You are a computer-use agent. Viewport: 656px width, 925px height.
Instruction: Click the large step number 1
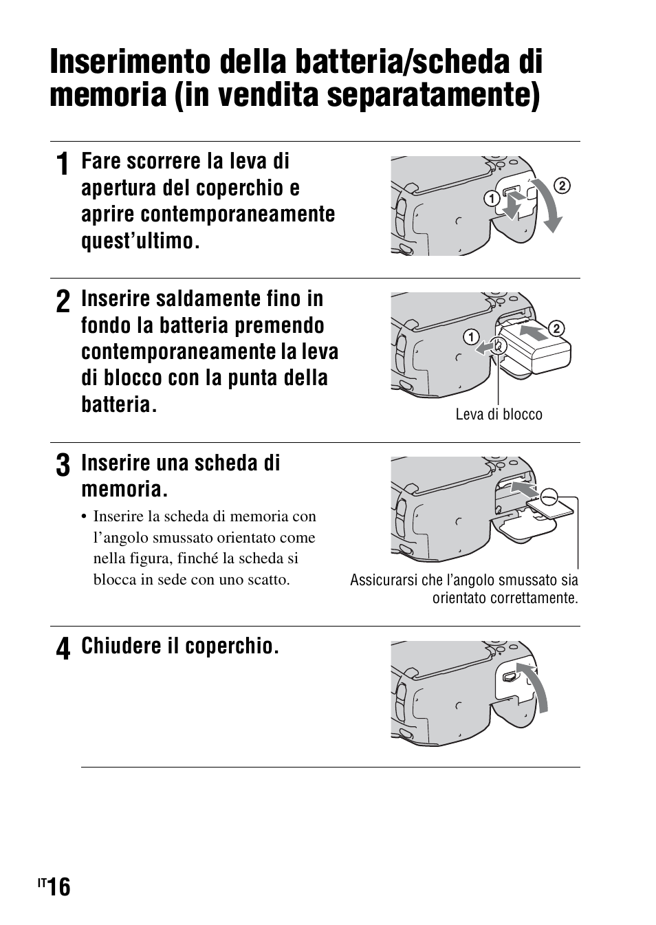click(x=62, y=166)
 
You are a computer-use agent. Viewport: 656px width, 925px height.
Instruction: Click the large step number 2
click(x=62, y=303)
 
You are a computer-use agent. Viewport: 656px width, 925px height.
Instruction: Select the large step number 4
click(x=62, y=649)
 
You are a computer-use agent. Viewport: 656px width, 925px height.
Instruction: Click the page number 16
click(x=60, y=887)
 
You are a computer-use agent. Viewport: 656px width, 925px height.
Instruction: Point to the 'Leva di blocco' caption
click(x=499, y=414)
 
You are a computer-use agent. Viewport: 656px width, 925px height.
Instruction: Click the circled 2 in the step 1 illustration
click(x=562, y=185)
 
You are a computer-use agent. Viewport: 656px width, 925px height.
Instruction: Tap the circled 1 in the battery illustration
click(x=471, y=337)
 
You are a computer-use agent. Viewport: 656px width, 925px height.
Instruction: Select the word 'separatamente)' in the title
click(x=433, y=95)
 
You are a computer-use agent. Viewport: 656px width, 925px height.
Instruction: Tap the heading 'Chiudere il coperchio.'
click(x=179, y=646)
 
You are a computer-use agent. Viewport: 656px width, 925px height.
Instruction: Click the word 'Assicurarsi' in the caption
click(x=380, y=580)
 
